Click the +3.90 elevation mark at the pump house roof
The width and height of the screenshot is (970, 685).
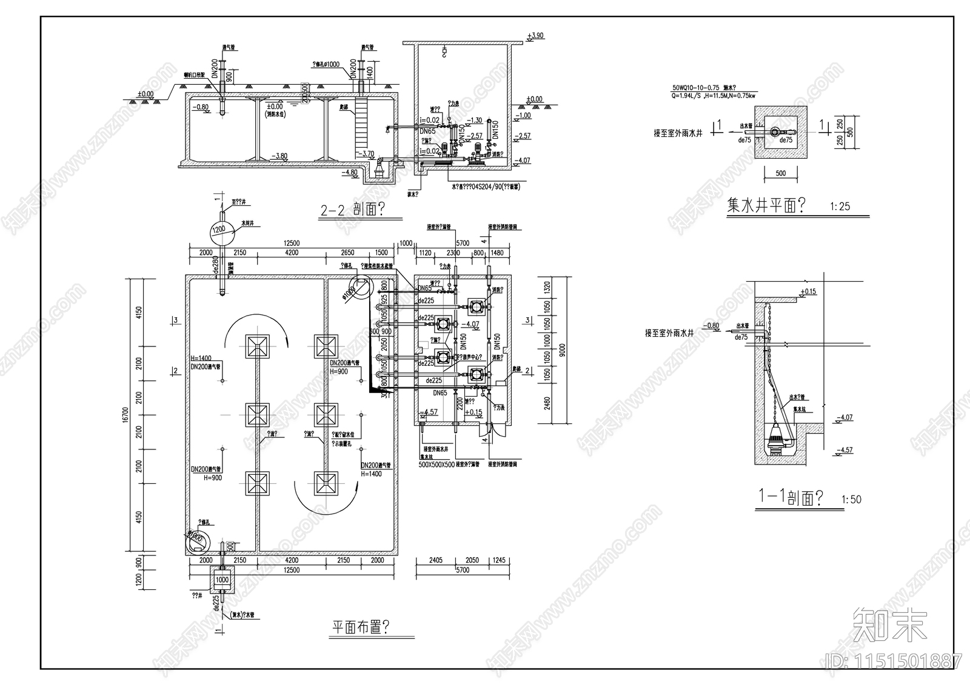[535, 36]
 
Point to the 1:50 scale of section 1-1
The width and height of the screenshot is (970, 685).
[851, 500]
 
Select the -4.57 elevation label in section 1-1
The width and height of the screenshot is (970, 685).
[843, 450]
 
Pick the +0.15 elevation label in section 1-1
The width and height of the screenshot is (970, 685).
[808, 292]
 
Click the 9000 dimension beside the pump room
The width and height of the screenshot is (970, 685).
[562, 350]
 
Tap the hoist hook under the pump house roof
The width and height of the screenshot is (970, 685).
[444, 53]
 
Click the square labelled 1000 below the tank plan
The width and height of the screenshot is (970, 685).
[222, 580]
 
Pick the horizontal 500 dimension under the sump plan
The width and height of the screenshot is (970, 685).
[780, 173]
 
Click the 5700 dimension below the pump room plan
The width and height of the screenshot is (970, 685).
[462, 570]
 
